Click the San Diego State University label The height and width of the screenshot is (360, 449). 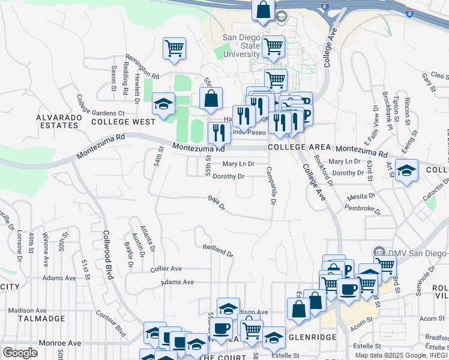pyautogui.click(x=242, y=46)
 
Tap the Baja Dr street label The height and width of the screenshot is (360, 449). pyautogui.click(x=216, y=203)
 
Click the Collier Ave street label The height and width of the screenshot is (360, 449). pyautogui.click(x=166, y=269)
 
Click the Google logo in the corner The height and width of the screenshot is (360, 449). pyautogui.click(x=20, y=352)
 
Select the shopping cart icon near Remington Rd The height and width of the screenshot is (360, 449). pyautogui.click(x=174, y=47)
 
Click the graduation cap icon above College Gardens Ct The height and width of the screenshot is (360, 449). pyautogui.click(x=163, y=103)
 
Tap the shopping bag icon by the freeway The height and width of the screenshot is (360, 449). pyautogui.click(x=263, y=10)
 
